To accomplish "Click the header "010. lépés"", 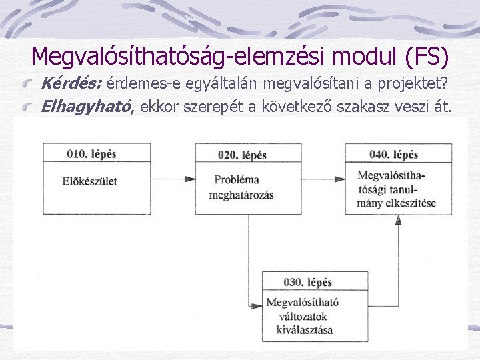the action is [91, 154].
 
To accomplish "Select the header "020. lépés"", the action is [242, 155].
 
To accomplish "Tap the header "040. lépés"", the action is [393, 155].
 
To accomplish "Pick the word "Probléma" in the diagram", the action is [236, 180].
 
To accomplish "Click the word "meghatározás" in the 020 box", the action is [241, 195].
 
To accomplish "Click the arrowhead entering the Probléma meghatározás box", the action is [191, 179].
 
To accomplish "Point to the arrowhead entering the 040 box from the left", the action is [341, 179].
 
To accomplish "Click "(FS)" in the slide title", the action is [425, 57].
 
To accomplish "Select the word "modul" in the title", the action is [367, 57].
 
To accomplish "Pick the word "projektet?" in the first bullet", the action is [423, 83].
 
